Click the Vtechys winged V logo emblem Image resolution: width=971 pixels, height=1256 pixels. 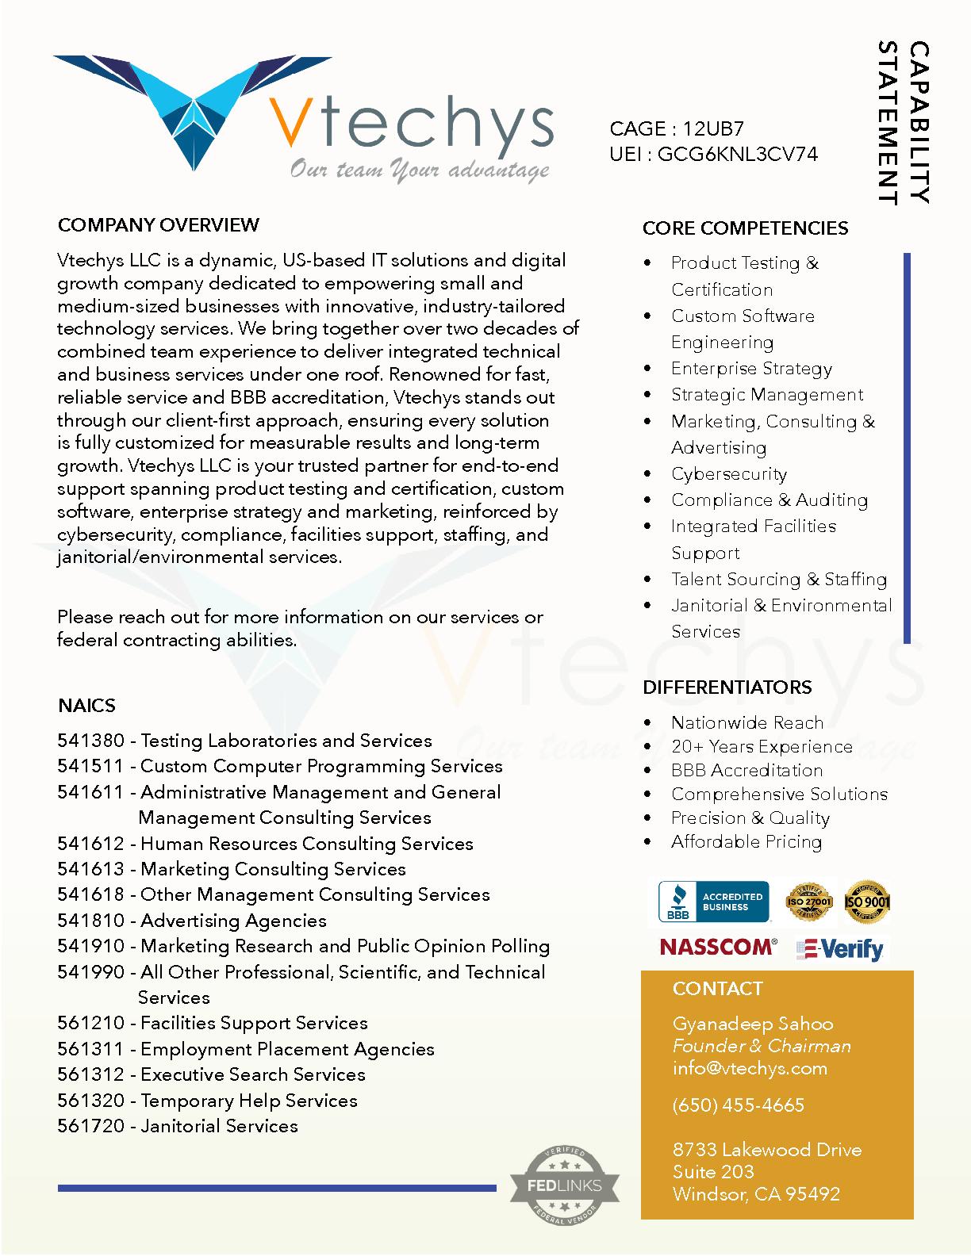click(x=190, y=111)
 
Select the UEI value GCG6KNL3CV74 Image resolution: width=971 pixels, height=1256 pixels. click(x=737, y=154)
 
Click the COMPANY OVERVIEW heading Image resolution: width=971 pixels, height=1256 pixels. click(x=158, y=225)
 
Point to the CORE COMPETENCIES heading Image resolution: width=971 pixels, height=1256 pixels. click(x=745, y=228)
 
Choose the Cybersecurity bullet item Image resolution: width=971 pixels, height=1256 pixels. click(x=728, y=474)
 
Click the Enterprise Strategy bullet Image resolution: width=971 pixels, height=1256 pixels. click(x=751, y=369)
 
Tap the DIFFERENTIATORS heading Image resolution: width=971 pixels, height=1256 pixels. click(x=727, y=687)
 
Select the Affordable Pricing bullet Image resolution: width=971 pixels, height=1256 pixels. click(x=746, y=842)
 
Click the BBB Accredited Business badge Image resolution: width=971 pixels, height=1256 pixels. click(x=714, y=902)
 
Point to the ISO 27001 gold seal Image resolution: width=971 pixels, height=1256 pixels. click(x=808, y=902)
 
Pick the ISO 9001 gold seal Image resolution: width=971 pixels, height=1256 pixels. click(x=866, y=902)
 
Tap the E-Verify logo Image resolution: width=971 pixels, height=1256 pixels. click(x=840, y=949)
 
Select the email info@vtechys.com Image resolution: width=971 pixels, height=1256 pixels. click(x=750, y=1068)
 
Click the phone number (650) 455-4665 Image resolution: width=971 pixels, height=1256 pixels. click(x=738, y=1105)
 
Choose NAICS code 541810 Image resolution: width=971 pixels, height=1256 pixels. click(x=90, y=921)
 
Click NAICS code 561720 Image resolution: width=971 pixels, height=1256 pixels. click(x=90, y=1126)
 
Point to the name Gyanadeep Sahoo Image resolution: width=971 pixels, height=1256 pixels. click(x=752, y=1024)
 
